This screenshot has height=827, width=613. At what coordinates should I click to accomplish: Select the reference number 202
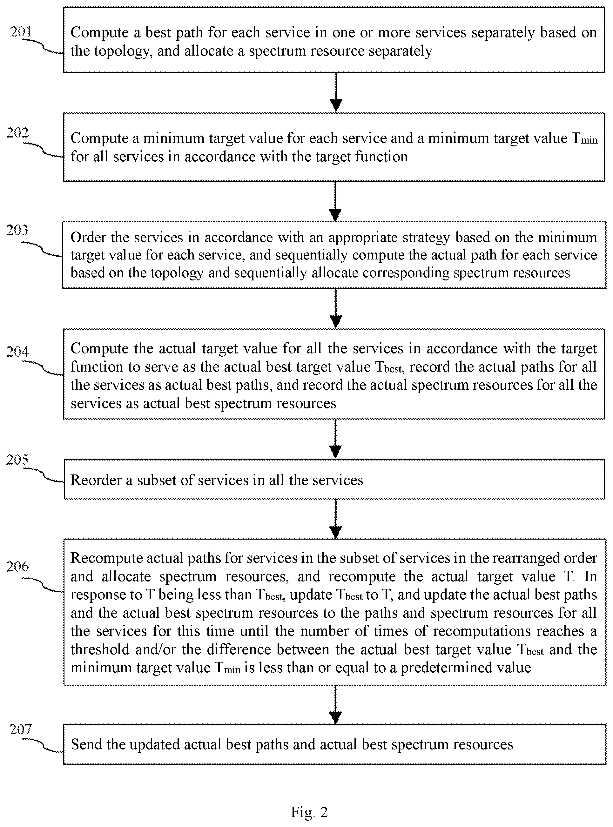point(17,132)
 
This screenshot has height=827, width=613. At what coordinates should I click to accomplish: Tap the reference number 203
point(17,230)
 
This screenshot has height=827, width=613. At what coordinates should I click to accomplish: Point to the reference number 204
point(17,351)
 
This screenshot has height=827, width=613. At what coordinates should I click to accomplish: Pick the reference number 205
point(17,460)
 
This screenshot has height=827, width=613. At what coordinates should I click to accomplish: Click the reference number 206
point(17,567)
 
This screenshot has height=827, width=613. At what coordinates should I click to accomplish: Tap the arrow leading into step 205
point(335,439)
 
